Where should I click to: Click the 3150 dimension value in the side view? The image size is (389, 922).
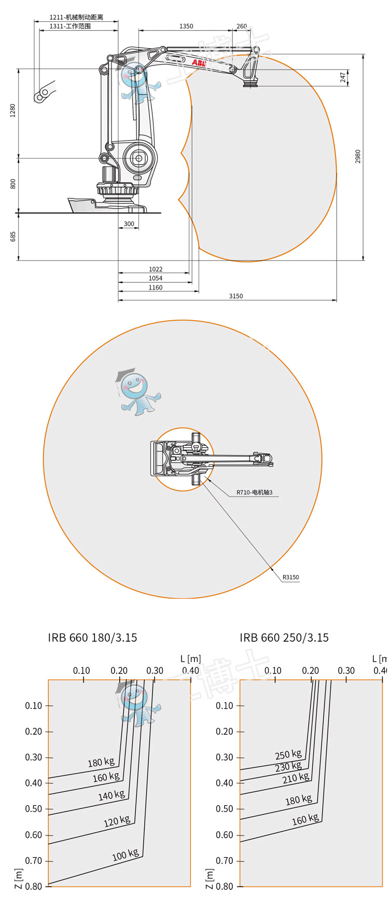click(x=235, y=296)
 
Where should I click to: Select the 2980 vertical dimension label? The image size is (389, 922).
click(x=358, y=157)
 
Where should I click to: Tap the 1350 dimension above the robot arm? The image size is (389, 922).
click(x=186, y=26)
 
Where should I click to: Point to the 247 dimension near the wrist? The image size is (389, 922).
click(x=343, y=77)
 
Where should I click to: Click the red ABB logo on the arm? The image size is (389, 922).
click(x=199, y=63)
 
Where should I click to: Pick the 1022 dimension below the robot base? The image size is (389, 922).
click(x=156, y=269)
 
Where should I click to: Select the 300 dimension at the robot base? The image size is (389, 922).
click(x=129, y=224)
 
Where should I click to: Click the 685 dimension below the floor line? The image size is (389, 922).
click(x=13, y=237)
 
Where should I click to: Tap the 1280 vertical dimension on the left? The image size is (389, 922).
click(x=13, y=111)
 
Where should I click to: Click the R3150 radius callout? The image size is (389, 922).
click(x=290, y=577)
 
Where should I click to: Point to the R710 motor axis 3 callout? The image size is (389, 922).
click(x=254, y=492)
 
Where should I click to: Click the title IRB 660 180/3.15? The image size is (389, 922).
click(x=92, y=638)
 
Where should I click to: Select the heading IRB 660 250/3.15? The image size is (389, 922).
click(x=284, y=638)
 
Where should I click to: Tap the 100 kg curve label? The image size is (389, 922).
click(x=126, y=855)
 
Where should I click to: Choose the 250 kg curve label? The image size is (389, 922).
click(x=288, y=754)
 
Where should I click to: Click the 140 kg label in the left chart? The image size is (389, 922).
click(x=112, y=795)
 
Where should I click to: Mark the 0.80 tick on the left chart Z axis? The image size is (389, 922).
click(x=34, y=886)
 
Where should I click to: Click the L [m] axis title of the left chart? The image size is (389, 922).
click(x=190, y=659)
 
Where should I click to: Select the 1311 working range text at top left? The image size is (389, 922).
click(x=70, y=26)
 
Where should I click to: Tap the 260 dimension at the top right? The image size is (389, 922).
click(x=242, y=26)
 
